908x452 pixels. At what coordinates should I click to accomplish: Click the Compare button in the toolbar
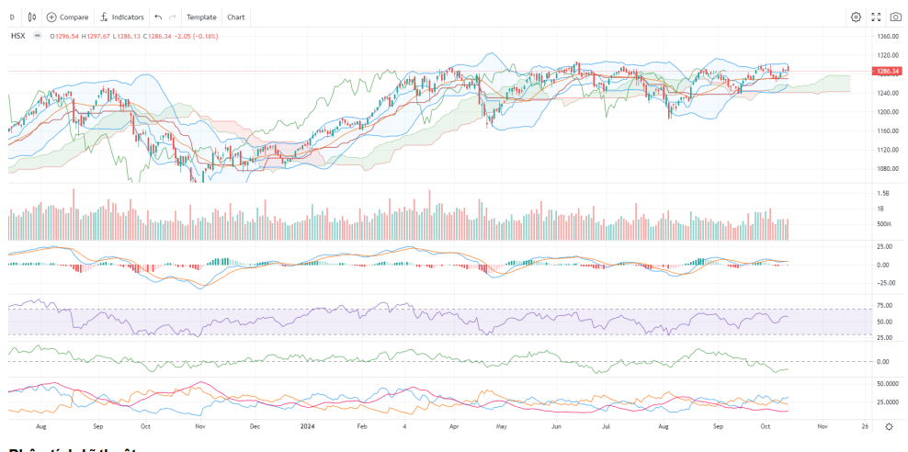click(x=67, y=17)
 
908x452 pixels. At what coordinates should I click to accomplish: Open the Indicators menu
click(x=121, y=17)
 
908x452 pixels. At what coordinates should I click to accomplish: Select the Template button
click(x=200, y=17)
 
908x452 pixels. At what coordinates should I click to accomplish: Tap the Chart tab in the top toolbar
click(x=235, y=17)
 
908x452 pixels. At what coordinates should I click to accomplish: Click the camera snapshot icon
click(x=895, y=17)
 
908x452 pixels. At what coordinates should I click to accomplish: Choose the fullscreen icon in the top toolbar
click(x=876, y=17)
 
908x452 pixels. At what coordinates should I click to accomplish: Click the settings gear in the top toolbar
click(x=856, y=17)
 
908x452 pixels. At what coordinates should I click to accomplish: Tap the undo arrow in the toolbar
click(x=158, y=17)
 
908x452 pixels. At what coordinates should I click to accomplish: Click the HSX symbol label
click(x=17, y=35)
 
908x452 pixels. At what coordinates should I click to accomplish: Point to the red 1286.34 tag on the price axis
click(x=887, y=71)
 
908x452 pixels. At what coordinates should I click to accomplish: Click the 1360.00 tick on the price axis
click(x=887, y=37)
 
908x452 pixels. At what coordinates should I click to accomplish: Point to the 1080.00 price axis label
click(x=887, y=169)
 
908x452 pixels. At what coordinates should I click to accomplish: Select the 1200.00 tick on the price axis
click(x=887, y=112)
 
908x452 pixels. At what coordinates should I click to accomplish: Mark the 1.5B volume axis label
click(x=883, y=193)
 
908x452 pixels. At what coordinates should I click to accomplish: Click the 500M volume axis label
click(x=884, y=224)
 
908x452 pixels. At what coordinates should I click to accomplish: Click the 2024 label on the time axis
click(x=308, y=427)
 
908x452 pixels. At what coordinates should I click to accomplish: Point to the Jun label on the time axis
click(x=557, y=427)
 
